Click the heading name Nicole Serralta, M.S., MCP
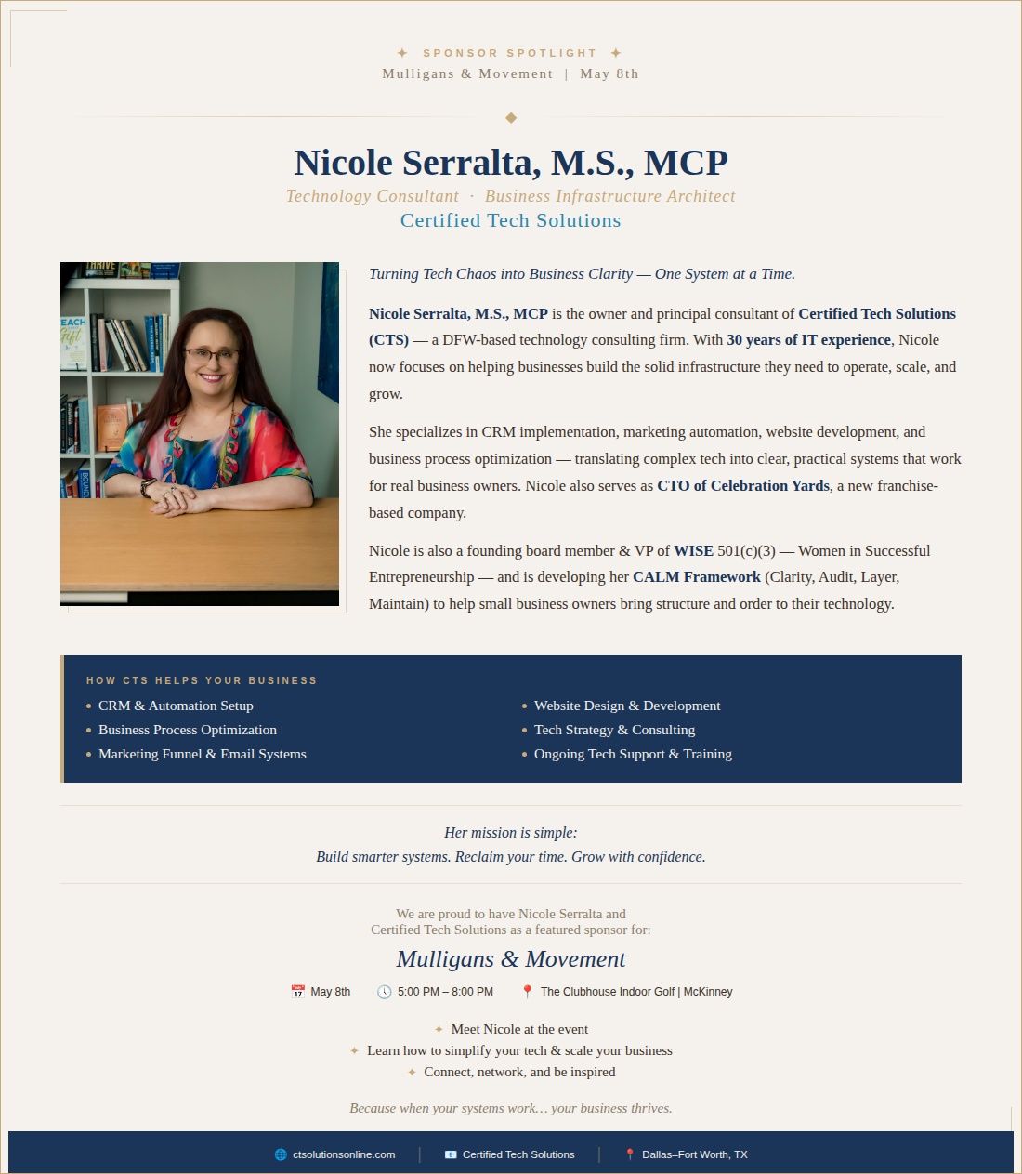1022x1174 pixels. [x=510, y=163]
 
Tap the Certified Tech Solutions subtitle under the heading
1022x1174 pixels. [x=510, y=221]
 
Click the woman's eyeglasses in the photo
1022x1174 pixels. [x=211, y=354]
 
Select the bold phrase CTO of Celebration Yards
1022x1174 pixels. [x=743, y=486]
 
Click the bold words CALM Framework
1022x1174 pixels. [x=696, y=577]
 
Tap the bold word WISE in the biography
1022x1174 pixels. [x=693, y=551]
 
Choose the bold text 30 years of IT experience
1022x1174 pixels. [x=808, y=340]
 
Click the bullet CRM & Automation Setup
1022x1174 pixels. [x=176, y=706]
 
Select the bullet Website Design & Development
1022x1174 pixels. [x=627, y=706]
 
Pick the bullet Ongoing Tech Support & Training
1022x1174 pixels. [x=633, y=755]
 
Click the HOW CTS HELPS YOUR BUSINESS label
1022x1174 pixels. [x=202, y=681]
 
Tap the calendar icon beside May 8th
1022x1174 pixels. [x=297, y=992]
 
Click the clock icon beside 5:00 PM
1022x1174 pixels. [x=384, y=992]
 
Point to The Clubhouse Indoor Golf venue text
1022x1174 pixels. [x=636, y=992]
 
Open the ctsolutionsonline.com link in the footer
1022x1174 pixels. [x=343, y=1154]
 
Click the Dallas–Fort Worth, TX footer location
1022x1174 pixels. [x=694, y=1154]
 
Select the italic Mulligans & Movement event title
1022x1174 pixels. [x=510, y=959]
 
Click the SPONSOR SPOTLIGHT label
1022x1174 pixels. [x=509, y=54]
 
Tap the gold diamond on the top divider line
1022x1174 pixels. [x=511, y=118]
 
